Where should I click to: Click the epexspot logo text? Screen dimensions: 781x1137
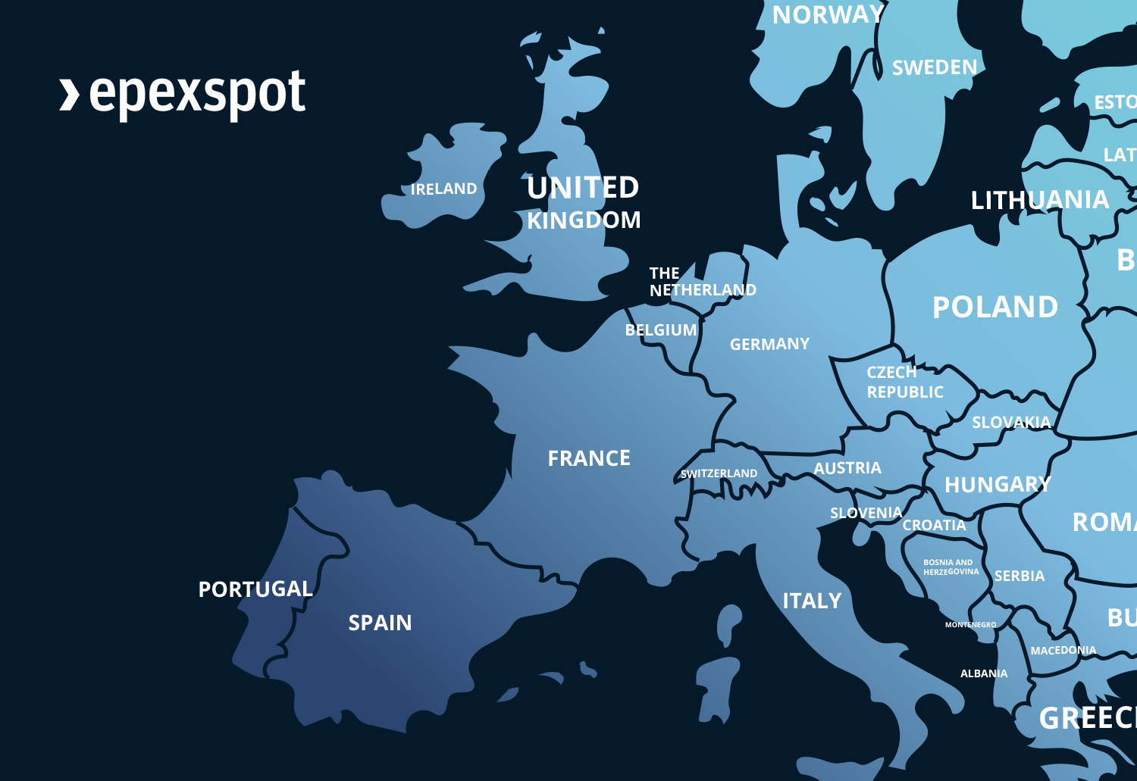[x=197, y=94]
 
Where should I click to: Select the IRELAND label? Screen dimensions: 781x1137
[x=443, y=189]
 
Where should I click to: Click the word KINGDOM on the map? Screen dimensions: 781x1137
[x=584, y=220]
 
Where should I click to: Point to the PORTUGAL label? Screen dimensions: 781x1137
[x=255, y=589]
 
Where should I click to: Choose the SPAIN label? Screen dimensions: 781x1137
[x=380, y=623]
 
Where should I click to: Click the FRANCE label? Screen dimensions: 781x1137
[x=589, y=458]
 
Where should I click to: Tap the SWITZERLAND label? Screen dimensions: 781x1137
[x=719, y=473]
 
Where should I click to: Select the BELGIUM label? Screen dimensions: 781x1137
[x=660, y=330]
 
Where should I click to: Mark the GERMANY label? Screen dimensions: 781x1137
[x=769, y=344]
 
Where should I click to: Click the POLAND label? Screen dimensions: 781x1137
[x=994, y=307]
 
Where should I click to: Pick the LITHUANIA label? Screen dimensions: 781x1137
[x=1039, y=200]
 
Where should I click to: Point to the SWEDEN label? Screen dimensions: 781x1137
[x=935, y=67]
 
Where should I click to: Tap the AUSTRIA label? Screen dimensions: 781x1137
[x=847, y=468]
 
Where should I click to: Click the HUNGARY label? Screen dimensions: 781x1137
[x=998, y=485]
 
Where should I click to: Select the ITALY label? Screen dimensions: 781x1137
[x=812, y=601]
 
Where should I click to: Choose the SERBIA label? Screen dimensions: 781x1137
[x=1020, y=576]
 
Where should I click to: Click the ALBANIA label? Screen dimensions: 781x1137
[x=984, y=673]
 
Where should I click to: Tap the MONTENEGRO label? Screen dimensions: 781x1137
[x=970, y=625]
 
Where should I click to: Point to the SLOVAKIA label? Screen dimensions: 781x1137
[x=1011, y=422]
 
